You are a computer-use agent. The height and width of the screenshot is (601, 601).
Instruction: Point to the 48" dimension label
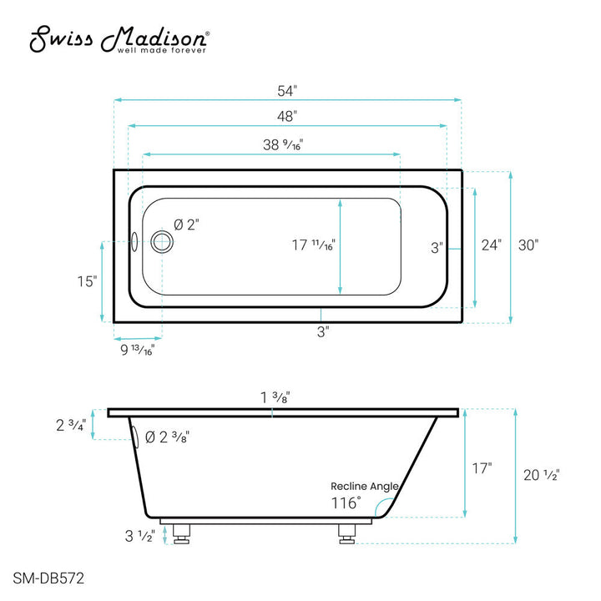coord(286,117)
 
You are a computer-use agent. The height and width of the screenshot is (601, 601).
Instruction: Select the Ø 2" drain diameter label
coord(186,225)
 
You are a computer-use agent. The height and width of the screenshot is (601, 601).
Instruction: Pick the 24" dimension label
coord(492,245)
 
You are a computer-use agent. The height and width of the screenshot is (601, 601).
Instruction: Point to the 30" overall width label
coord(528,245)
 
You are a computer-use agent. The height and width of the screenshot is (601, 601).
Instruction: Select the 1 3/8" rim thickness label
coord(275,398)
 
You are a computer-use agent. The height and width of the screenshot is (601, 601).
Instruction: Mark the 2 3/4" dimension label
coord(71,426)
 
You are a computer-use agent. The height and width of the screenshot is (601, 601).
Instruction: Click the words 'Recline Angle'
coord(364,486)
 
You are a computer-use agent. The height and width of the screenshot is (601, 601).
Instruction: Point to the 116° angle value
coord(346,503)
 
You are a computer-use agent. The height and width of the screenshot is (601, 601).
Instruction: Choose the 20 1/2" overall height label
coord(542,474)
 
